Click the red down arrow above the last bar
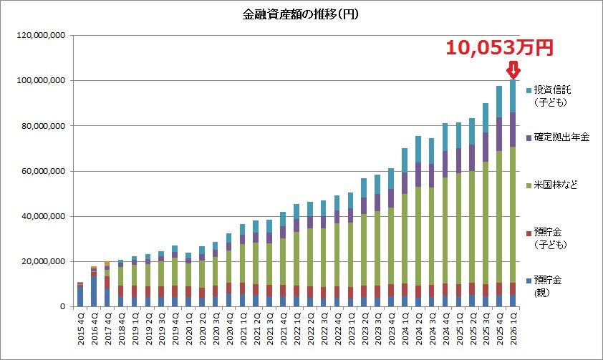[x=513, y=70]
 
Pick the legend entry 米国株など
[x=556, y=185]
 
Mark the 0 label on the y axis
[x=64, y=306]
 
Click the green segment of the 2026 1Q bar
[x=513, y=215]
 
